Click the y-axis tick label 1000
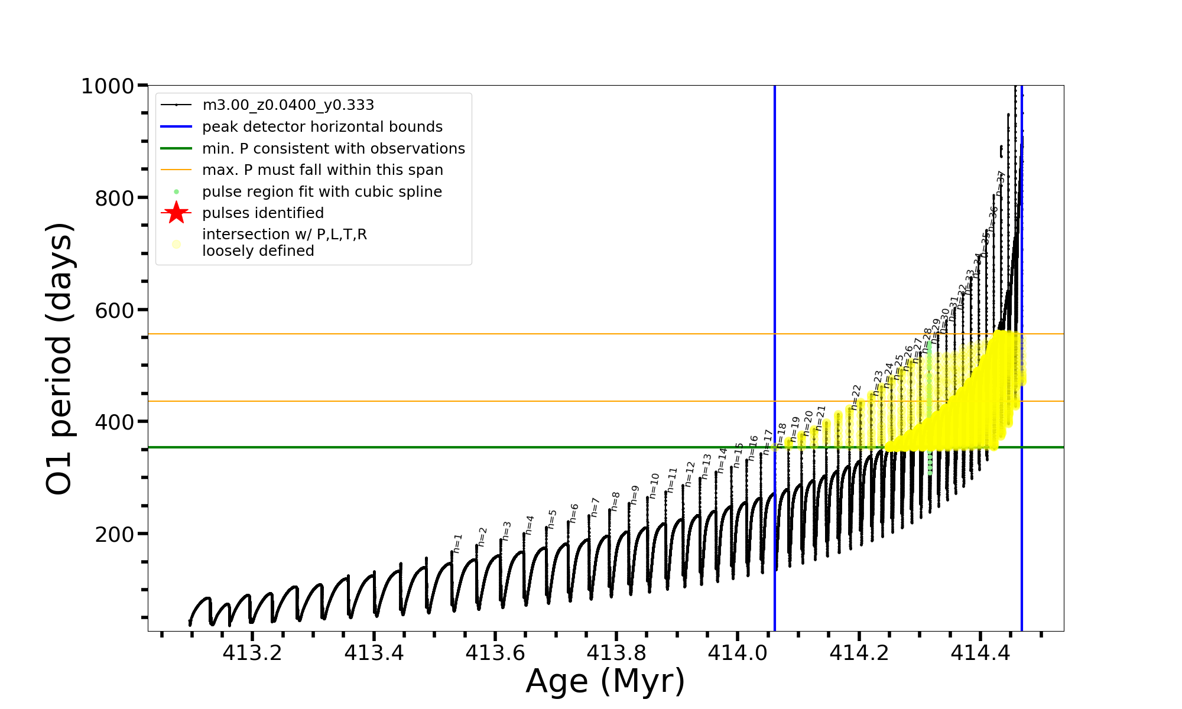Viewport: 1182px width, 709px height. pyautogui.click(x=108, y=86)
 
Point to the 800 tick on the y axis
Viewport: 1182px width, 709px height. pyautogui.click(x=115, y=199)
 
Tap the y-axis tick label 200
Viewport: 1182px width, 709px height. pyautogui.click(x=115, y=535)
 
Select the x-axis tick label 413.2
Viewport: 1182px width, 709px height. pyautogui.click(x=252, y=653)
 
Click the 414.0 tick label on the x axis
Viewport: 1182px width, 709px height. pyautogui.click(x=738, y=653)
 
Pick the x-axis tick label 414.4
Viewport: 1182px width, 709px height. pyautogui.click(x=980, y=653)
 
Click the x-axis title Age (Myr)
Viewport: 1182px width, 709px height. pyautogui.click(x=605, y=681)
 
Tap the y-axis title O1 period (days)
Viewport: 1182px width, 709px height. pyautogui.click(x=59, y=358)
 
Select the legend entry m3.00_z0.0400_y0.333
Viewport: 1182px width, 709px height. pyautogui.click(x=288, y=105)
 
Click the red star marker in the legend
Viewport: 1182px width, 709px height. pyautogui.click(x=176, y=213)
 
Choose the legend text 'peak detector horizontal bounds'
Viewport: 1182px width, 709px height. pyautogui.click(x=322, y=127)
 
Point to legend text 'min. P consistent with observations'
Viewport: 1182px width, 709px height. pyautogui.click(x=333, y=148)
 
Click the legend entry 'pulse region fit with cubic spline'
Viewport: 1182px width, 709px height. pyautogui.click(x=322, y=192)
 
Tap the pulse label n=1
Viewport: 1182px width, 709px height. pyautogui.click(x=457, y=543)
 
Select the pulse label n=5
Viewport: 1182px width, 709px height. pyautogui.click(x=553, y=519)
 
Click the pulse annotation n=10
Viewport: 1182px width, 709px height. pyautogui.click(x=654, y=486)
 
